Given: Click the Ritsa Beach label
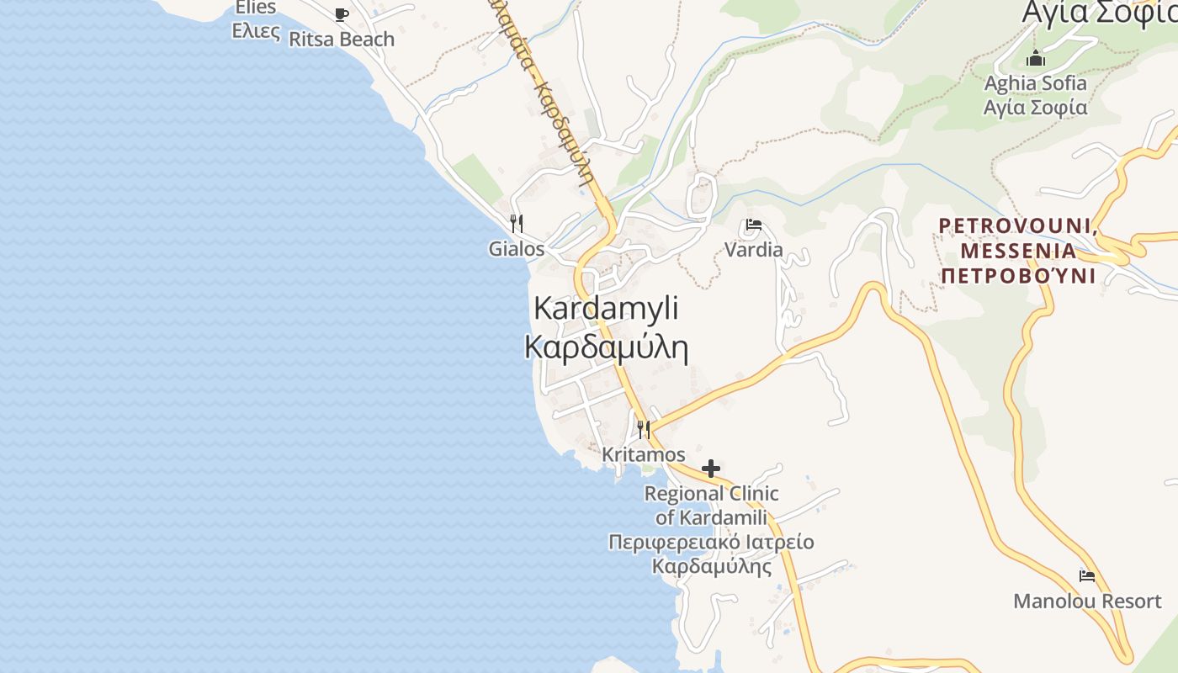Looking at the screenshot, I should [x=341, y=40].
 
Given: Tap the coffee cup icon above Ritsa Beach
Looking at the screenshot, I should [x=341, y=14].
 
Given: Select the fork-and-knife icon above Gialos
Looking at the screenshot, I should [x=517, y=224].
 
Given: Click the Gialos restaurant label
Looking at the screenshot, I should [x=517, y=250].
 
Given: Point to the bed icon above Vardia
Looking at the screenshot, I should [x=754, y=225].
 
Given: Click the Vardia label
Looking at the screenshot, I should [x=754, y=250].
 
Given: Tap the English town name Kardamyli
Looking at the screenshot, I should [x=606, y=309].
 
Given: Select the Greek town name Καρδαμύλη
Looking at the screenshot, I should [x=606, y=347].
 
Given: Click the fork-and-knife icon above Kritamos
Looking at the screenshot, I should [x=644, y=430].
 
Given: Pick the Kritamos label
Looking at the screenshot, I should [x=644, y=455].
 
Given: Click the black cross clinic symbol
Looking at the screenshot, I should [x=711, y=469].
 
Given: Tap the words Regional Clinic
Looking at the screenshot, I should [x=712, y=494].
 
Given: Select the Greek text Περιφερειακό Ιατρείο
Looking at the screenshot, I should [x=712, y=542].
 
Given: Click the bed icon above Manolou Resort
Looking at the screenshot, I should [x=1087, y=576].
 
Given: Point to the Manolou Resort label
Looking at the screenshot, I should [x=1087, y=601].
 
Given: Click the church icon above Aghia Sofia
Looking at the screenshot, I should [x=1036, y=58].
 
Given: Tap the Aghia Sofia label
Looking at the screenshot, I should [x=1036, y=83].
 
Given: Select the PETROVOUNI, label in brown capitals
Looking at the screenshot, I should [x=1016, y=226].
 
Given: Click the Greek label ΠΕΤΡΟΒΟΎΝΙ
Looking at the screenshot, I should [x=1018, y=276].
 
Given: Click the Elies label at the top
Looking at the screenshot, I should [x=256, y=8].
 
